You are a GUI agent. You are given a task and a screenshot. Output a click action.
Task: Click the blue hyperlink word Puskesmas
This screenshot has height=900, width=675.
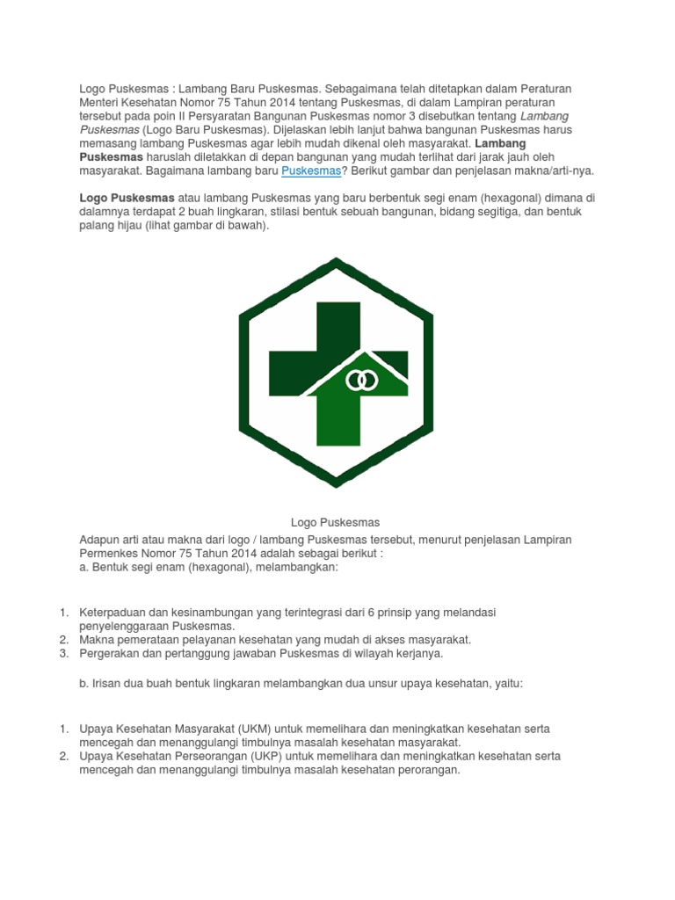pos(310,170)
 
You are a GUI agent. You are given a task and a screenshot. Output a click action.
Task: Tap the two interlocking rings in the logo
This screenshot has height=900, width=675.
pos(361,381)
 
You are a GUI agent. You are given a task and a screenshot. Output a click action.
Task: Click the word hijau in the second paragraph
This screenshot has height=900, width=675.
pos(147,225)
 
